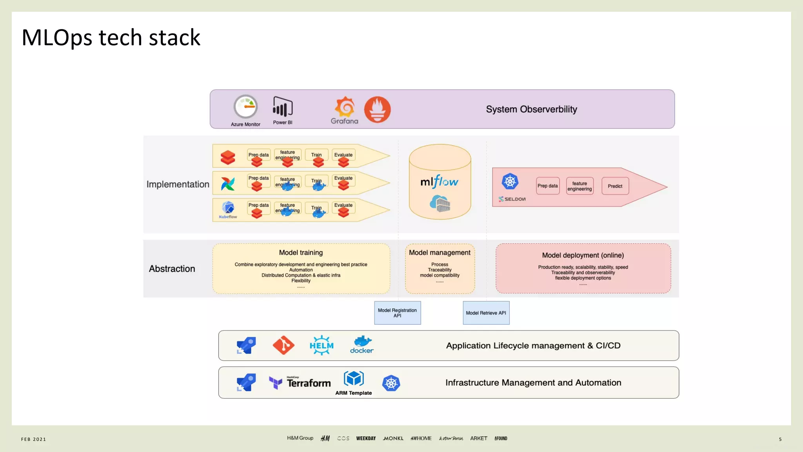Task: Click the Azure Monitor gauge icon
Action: click(x=245, y=107)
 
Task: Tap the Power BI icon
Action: click(x=283, y=107)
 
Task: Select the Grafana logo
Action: click(x=344, y=110)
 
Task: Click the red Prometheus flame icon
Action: click(x=377, y=109)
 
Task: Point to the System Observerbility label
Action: click(x=531, y=109)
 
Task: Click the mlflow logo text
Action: click(x=439, y=182)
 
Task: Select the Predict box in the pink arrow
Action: click(x=615, y=186)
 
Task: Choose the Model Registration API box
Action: click(x=397, y=313)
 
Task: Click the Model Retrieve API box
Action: click(x=486, y=313)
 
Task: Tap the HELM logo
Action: click(x=322, y=345)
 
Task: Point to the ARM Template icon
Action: click(x=354, y=379)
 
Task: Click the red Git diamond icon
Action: click(x=283, y=345)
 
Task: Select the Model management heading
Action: click(x=440, y=253)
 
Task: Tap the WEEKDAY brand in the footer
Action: click(x=366, y=438)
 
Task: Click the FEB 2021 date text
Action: click(x=34, y=439)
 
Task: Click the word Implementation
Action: click(x=178, y=184)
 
